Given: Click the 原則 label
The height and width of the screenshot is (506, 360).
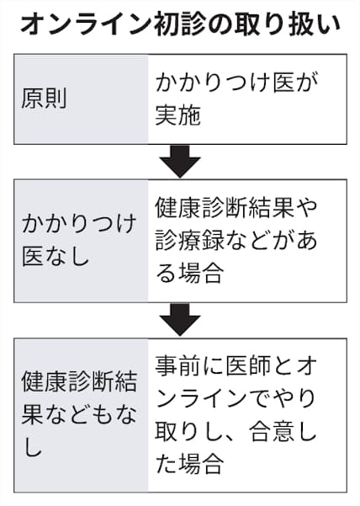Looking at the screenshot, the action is pyautogui.click(x=44, y=99).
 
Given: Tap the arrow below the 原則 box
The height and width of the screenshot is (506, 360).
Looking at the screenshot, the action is pyautogui.click(x=180, y=161).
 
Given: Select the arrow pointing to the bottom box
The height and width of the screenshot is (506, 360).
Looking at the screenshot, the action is pyautogui.click(x=180, y=319).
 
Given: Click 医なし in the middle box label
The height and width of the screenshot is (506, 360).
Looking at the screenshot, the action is pyautogui.click(x=56, y=256).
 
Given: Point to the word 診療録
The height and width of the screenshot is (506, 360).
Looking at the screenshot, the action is pyautogui.click(x=189, y=240).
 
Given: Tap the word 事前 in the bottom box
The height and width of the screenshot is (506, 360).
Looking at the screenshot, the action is pyautogui.click(x=178, y=366).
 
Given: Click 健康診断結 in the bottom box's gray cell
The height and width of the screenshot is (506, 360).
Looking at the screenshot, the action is pyautogui.click(x=79, y=381).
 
